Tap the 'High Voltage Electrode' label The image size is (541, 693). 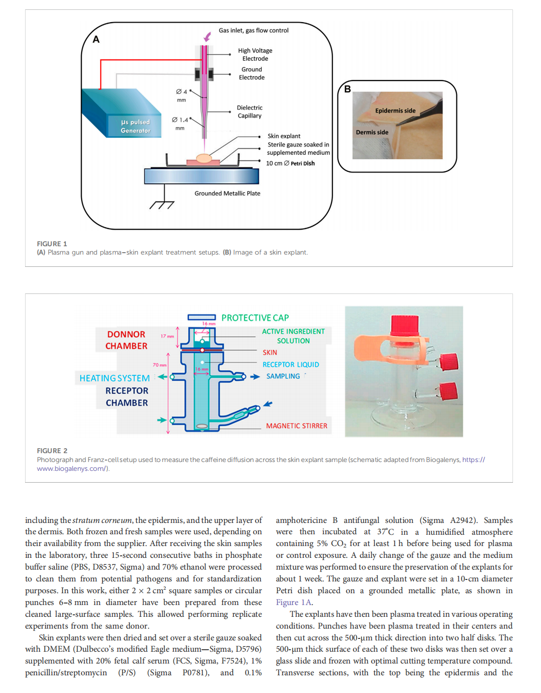255,55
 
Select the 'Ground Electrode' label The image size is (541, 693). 251,73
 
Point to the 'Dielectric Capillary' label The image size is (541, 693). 249,112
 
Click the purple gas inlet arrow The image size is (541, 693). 208,36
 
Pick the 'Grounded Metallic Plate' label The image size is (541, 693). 227,193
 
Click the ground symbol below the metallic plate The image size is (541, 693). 162,203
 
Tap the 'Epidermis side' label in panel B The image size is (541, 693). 395,111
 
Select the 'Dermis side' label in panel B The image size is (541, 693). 372,132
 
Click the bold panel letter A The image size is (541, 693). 96,39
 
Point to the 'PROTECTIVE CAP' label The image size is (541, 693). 255,318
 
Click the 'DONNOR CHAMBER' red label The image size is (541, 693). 126,340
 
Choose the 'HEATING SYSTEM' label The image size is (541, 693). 115,378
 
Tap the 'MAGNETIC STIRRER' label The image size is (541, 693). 297,426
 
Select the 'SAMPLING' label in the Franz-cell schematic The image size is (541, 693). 283,376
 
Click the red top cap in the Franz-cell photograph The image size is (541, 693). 405,325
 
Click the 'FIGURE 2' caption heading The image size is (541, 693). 52,451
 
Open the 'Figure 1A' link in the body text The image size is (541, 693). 294,602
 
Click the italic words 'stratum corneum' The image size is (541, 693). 102,520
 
